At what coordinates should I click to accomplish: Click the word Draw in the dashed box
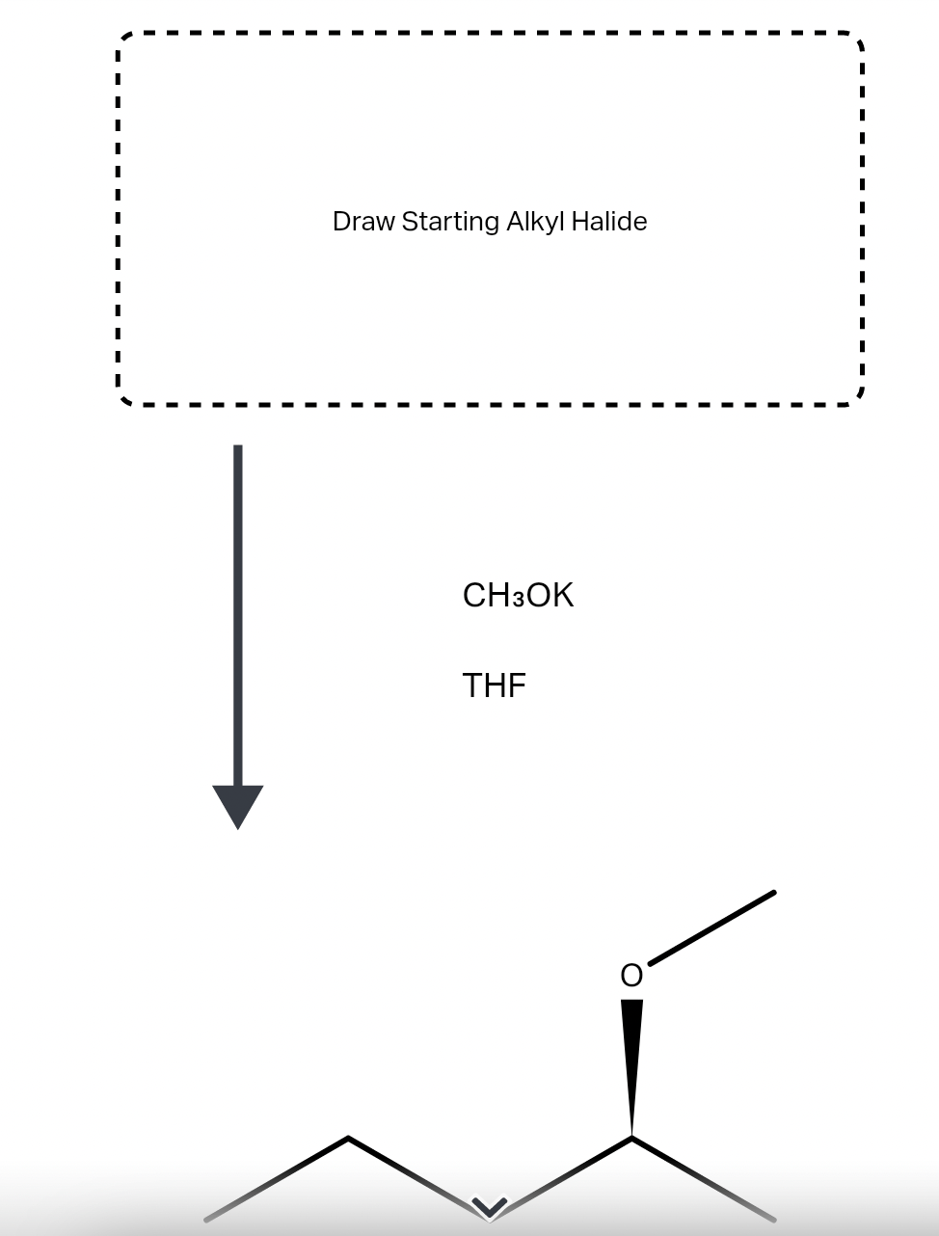coord(363,222)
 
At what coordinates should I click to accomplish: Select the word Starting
coord(449,222)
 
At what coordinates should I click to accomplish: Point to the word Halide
coord(609,222)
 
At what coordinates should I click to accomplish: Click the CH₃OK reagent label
coord(518,596)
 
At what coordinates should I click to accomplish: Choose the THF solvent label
coord(494,685)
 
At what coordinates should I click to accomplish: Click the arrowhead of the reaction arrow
coord(237,806)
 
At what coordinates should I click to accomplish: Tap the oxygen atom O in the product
coord(631,976)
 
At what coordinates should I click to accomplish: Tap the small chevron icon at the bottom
coord(489,1206)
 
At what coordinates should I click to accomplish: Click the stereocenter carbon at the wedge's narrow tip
coord(631,1138)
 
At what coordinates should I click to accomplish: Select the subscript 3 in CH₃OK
coord(519,600)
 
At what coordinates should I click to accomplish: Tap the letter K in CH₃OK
coord(562,596)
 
